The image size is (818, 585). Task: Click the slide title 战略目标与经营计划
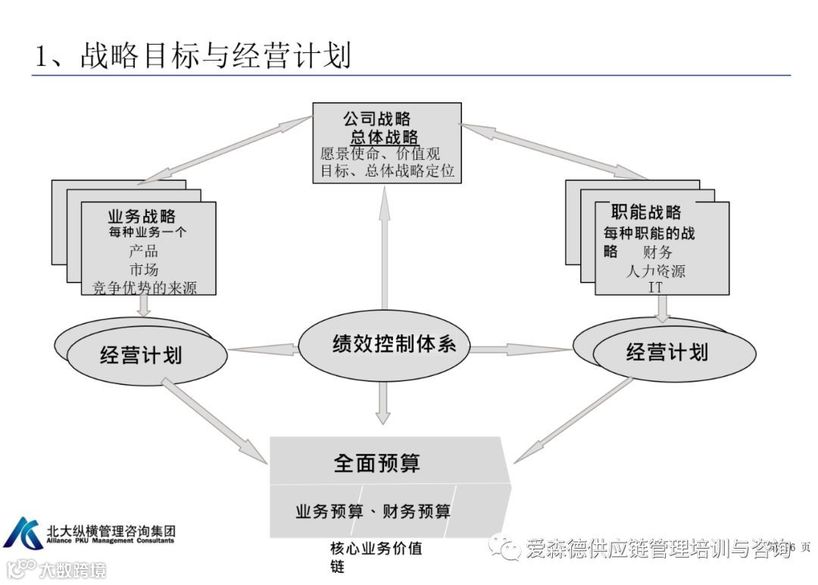pos(193,56)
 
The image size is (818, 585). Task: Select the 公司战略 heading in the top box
pos(376,119)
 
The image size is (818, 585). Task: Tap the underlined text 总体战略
pos(384,137)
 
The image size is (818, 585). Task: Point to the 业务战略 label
pos(142,216)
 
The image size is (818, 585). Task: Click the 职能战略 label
pos(645,212)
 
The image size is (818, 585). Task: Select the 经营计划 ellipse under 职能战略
pos(671,352)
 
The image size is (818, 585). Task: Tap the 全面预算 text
pos(376,463)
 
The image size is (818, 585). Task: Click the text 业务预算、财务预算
pos(373,511)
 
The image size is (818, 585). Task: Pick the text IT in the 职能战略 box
pos(656,287)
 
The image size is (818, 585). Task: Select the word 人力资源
pos(655,271)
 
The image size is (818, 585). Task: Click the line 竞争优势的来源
pos(144,286)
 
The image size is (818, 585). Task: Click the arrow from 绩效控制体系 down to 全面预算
pos(383,402)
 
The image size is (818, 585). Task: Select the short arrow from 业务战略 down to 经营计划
pos(143,305)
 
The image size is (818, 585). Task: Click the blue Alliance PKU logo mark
pos(23,533)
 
